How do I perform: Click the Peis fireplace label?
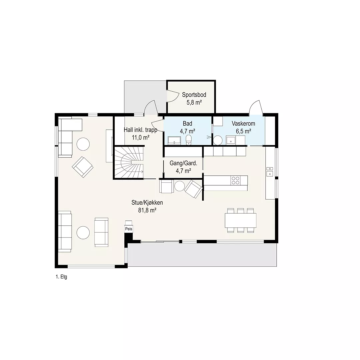(129, 229)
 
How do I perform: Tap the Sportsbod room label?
(194, 95)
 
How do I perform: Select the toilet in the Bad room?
(189, 140)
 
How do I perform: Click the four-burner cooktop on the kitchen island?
(235, 180)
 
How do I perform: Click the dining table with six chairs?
(241, 220)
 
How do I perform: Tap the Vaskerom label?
(243, 124)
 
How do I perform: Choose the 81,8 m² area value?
(147, 210)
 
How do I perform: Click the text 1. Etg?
(61, 277)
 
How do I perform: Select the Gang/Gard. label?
(183, 163)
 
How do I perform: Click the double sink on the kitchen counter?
(270, 172)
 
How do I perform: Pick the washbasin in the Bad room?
(174, 141)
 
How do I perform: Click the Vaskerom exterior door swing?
(255, 107)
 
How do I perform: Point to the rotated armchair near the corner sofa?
(83, 167)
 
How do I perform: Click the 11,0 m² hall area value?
(141, 138)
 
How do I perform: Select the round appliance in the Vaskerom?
(218, 140)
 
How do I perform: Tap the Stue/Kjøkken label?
(147, 203)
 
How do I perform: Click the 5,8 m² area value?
(194, 102)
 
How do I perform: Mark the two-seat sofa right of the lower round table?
(101, 232)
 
